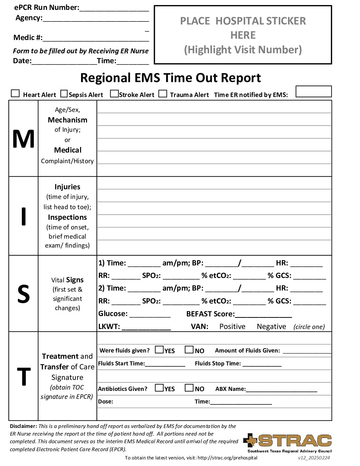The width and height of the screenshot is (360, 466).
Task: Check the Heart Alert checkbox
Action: click(x=15, y=93)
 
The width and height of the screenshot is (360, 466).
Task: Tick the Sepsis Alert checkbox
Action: click(x=64, y=94)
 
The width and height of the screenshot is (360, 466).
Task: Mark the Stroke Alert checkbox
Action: click(x=114, y=94)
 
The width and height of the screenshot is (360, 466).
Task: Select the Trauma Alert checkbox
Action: click(x=162, y=94)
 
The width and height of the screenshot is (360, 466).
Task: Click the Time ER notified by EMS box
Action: click(x=313, y=92)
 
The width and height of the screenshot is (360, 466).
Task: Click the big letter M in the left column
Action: click(x=23, y=139)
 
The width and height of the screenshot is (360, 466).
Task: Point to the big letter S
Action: click(x=23, y=294)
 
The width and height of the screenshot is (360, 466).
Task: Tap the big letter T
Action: click(x=23, y=377)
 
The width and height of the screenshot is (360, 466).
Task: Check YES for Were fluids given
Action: click(x=159, y=349)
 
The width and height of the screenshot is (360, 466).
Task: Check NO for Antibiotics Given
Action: click(x=189, y=388)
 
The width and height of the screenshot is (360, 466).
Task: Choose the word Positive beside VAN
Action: click(x=232, y=327)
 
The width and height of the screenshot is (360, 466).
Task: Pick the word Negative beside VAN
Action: click(x=271, y=327)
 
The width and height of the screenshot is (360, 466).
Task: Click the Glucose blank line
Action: click(x=150, y=315)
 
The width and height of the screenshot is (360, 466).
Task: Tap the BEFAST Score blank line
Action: click(x=263, y=315)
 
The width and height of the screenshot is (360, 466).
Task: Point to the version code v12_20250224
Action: click(x=314, y=458)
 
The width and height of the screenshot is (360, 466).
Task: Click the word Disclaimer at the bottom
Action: click(x=23, y=426)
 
